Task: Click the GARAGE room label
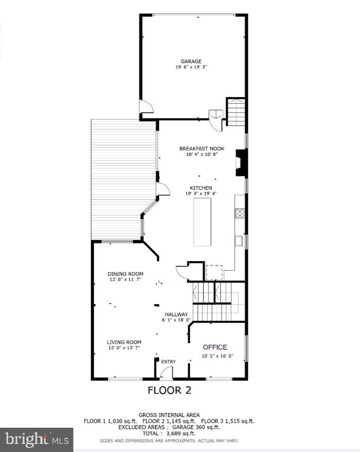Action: coord(191,61)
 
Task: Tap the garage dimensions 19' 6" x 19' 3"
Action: coord(191,67)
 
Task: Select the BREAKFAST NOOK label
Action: coord(202,149)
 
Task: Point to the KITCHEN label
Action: coord(201,188)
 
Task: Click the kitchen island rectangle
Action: coord(202,222)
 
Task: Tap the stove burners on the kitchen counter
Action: coord(240,214)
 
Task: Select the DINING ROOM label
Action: coord(125,274)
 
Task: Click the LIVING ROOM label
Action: coord(124,342)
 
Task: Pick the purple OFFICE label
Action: coord(215,347)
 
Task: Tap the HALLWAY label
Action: coord(176,314)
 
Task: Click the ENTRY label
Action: coord(168,361)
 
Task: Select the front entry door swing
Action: coord(165,374)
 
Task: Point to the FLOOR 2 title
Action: coord(169,390)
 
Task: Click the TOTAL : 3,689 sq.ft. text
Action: coord(169,434)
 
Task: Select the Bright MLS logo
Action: coord(36,438)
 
